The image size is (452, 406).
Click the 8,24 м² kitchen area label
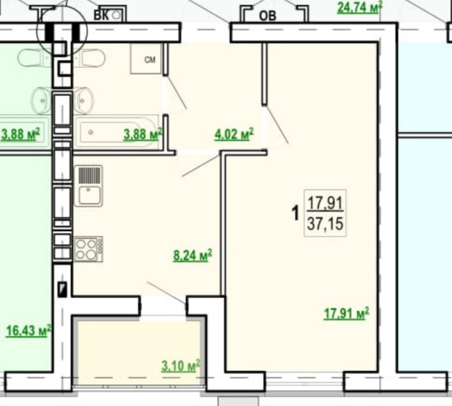192,256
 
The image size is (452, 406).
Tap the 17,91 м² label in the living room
346,313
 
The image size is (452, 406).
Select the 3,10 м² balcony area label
181,366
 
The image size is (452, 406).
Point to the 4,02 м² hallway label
234,134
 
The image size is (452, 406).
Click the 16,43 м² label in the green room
28,330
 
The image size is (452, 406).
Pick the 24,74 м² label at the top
360,7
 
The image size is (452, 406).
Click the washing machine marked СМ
145,59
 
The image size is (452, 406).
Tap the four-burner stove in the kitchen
89,249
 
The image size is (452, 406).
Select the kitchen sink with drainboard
88,186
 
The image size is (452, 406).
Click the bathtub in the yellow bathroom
116,132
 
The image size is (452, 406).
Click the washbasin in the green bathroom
42,101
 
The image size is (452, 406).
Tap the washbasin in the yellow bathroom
84,101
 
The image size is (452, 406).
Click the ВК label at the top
101,15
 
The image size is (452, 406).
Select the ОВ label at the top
268,16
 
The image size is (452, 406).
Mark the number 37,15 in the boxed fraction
325,223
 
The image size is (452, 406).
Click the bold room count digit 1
296,213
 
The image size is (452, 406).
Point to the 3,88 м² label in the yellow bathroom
143,134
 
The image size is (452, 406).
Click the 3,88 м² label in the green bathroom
20,134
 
